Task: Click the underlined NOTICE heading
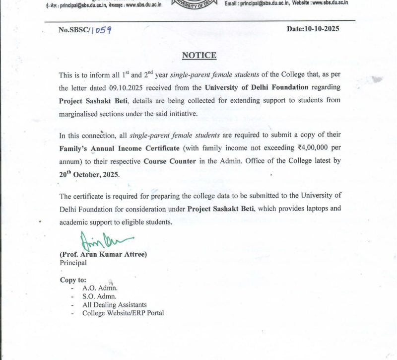point(199,55)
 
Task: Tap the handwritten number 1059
point(101,30)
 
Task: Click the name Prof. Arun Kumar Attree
point(103,255)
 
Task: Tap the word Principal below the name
point(73,263)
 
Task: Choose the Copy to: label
point(73,280)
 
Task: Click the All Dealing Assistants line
point(115,304)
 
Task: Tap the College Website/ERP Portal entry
point(123,313)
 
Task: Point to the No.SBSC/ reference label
point(73,30)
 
